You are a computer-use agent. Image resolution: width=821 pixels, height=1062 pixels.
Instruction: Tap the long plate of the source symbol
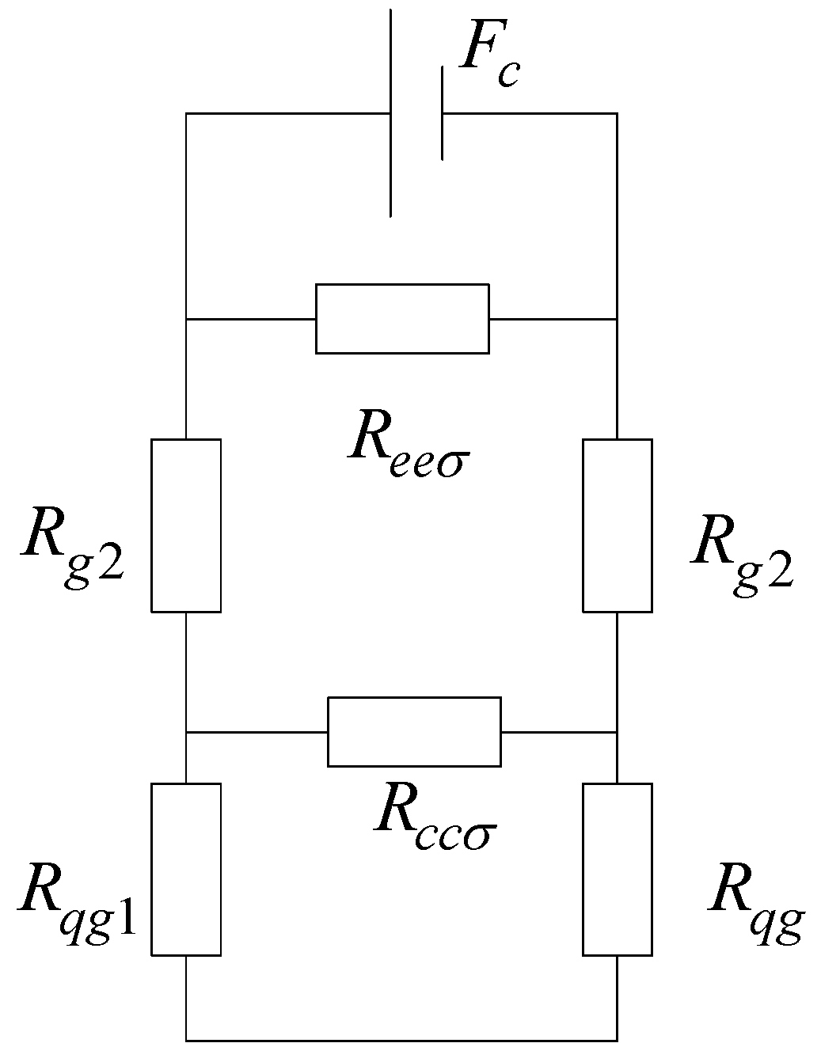(391, 113)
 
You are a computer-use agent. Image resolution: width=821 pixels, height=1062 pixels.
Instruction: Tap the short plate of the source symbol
(442, 113)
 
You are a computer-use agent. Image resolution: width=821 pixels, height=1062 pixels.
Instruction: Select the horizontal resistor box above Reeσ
(402, 318)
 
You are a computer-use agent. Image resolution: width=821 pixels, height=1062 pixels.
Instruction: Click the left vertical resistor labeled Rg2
(185, 525)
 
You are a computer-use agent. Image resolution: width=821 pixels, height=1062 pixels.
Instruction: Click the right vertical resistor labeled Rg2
(618, 525)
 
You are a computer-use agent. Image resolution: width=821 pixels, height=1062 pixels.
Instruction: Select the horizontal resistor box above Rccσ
(414, 731)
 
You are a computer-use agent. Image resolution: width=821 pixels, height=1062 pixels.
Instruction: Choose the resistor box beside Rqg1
(185, 869)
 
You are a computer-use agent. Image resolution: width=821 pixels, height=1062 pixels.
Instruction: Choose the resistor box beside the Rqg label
(618, 869)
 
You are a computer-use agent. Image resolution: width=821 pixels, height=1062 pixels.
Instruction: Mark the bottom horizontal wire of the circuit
(401, 1039)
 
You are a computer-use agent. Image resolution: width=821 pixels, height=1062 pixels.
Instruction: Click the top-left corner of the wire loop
(186, 113)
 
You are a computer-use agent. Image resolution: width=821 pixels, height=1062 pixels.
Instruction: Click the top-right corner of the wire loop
(617, 113)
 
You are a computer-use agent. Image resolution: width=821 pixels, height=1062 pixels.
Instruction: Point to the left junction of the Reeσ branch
(186, 319)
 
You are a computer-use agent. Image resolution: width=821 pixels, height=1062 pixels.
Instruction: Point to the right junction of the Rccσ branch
(617, 732)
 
